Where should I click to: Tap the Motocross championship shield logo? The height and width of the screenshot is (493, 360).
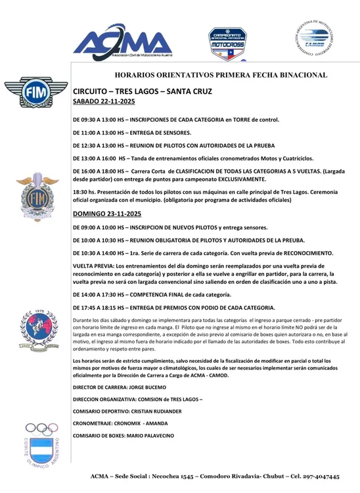[x=227, y=43]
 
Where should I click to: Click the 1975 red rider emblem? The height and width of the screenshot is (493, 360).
[x=28, y=326]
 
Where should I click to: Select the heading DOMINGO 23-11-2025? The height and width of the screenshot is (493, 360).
[x=107, y=214]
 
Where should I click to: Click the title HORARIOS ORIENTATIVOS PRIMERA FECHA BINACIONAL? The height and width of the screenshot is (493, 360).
[x=221, y=76]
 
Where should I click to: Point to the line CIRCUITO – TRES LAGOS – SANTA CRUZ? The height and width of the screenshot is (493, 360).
[x=143, y=91]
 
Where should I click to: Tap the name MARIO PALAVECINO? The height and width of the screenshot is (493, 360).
[x=152, y=435]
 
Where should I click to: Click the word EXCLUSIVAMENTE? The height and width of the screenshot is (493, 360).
[x=236, y=179]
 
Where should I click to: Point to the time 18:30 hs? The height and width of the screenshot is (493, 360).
[x=82, y=190]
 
